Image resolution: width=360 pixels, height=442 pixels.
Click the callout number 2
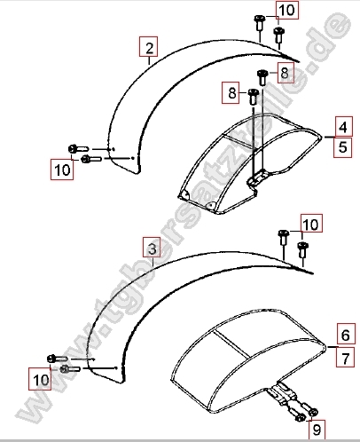[148, 46]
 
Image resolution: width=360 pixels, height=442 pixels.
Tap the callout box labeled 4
[344, 126]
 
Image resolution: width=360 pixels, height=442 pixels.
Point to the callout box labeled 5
[343, 147]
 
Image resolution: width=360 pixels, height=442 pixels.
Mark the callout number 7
[346, 357]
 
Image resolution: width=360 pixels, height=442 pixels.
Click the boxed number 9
[317, 430]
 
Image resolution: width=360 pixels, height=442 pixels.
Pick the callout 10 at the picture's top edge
[287, 10]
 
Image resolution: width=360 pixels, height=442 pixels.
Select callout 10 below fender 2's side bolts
[62, 170]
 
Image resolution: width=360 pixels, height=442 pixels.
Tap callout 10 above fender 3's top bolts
[312, 224]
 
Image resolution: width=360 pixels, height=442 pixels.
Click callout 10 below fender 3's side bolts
[40, 379]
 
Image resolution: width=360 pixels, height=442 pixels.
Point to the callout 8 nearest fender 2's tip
[286, 73]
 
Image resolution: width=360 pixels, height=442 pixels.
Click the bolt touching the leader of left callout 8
[253, 96]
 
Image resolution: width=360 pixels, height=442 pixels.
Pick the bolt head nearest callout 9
[314, 412]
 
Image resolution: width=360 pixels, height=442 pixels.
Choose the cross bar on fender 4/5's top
[239, 141]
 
